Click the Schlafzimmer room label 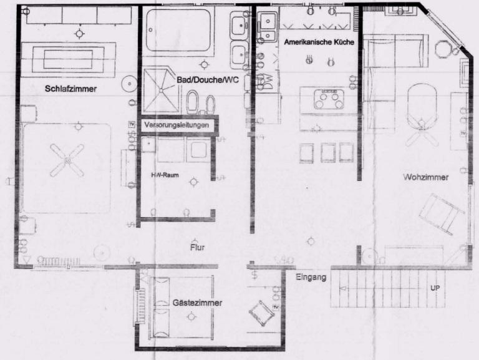click(70, 89)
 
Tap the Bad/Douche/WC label click(208, 80)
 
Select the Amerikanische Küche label click(319, 42)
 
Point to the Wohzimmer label click(425, 177)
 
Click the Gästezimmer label click(197, 303)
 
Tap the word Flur click(197, 247)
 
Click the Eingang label click(311, 277)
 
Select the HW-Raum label click(165, 175)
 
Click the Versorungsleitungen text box click(177, 125)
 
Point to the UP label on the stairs click(435, 288)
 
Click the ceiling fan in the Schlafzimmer click(67, 160)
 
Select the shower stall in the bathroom click(161, 90)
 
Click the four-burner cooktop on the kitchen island click(329, 99)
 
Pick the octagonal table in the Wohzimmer click(445, 49)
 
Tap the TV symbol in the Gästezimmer click(276, 307)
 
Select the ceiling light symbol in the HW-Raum click(193, 182)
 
